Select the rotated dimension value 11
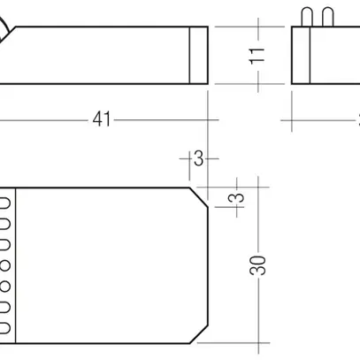(257, 55)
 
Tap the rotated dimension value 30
(257, 265)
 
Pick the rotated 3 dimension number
(237, 199)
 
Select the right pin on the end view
(328, 16)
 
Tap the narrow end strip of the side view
(199, 55)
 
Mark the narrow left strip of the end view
(297, 55)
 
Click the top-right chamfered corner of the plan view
(199, 195)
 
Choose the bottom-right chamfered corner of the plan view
(199, 332)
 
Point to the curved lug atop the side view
(7, 32)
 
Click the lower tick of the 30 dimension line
(257, 341)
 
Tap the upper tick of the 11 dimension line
(257, 27)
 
